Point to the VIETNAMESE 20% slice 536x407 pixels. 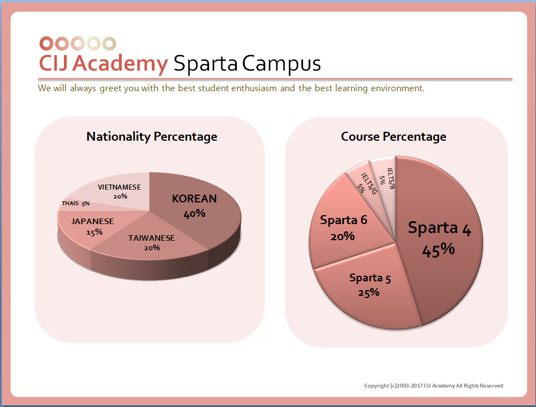[120, 191]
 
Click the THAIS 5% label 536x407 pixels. [76, 203]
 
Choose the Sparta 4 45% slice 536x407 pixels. [439, 239]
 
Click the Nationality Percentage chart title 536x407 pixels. [152, 137]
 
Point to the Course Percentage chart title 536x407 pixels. [394, 137]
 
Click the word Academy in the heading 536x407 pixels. [120, 63]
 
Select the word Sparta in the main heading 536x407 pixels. [206, 63]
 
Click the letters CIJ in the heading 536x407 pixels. [54, 63]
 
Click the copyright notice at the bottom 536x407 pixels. [433, 386]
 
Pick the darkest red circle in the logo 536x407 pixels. [47, 43]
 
